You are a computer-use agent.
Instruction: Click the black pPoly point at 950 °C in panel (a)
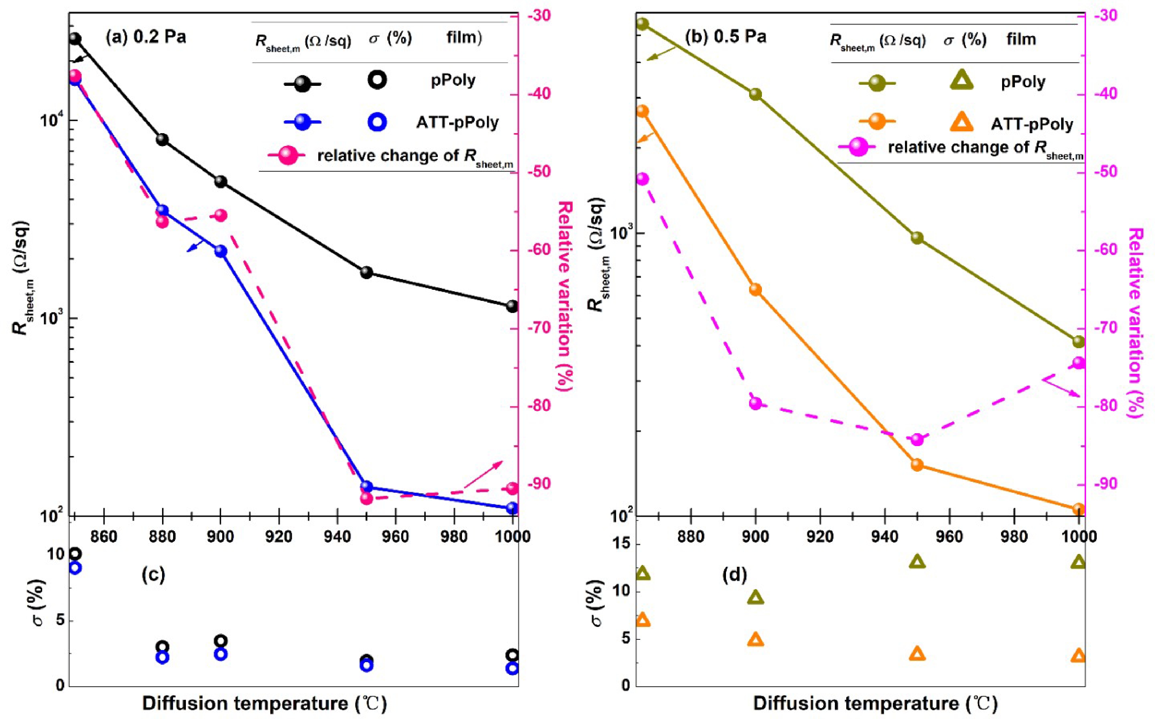[366, 273]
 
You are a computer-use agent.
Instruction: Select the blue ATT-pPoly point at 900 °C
[220, 251]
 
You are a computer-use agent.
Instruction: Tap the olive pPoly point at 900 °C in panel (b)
[755, 94]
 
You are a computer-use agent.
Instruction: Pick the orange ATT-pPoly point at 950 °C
[917, 464]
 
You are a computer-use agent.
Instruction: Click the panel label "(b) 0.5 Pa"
[725, 37]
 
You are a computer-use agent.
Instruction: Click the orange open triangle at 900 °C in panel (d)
[755, 640]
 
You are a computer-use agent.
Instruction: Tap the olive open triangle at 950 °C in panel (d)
[917, 562]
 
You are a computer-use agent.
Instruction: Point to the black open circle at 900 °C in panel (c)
[220, 641]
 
